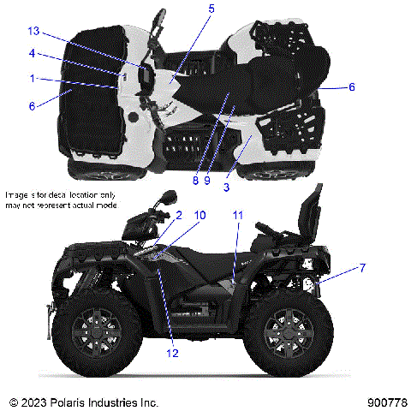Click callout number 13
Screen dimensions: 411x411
33,31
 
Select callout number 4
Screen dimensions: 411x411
32,53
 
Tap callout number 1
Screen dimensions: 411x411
32,78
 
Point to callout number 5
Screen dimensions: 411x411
211,9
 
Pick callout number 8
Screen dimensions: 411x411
195,181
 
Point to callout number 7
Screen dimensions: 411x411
361,268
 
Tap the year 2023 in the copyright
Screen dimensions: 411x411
37,402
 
